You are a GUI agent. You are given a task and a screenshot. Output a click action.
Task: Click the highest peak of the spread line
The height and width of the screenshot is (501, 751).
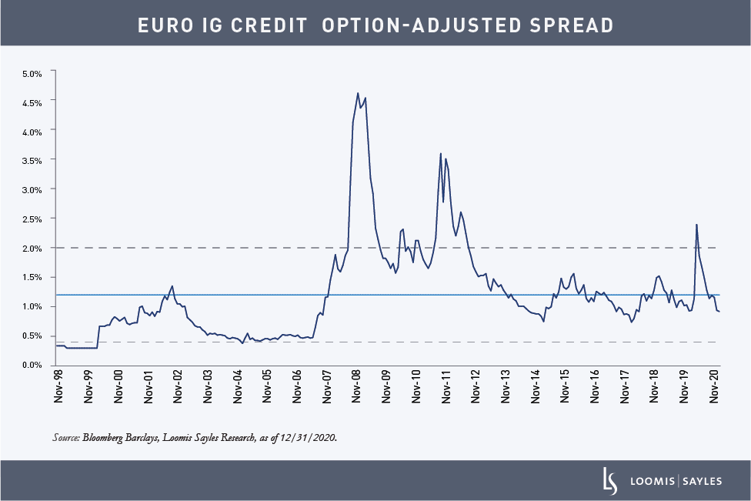[358, 93]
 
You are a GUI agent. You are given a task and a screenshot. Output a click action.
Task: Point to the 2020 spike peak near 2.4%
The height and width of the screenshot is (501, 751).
[696, 224]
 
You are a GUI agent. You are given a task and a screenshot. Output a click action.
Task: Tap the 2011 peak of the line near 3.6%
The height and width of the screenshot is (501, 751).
[440, 153]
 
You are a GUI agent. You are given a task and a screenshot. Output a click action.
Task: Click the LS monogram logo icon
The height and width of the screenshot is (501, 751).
[610, 480]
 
